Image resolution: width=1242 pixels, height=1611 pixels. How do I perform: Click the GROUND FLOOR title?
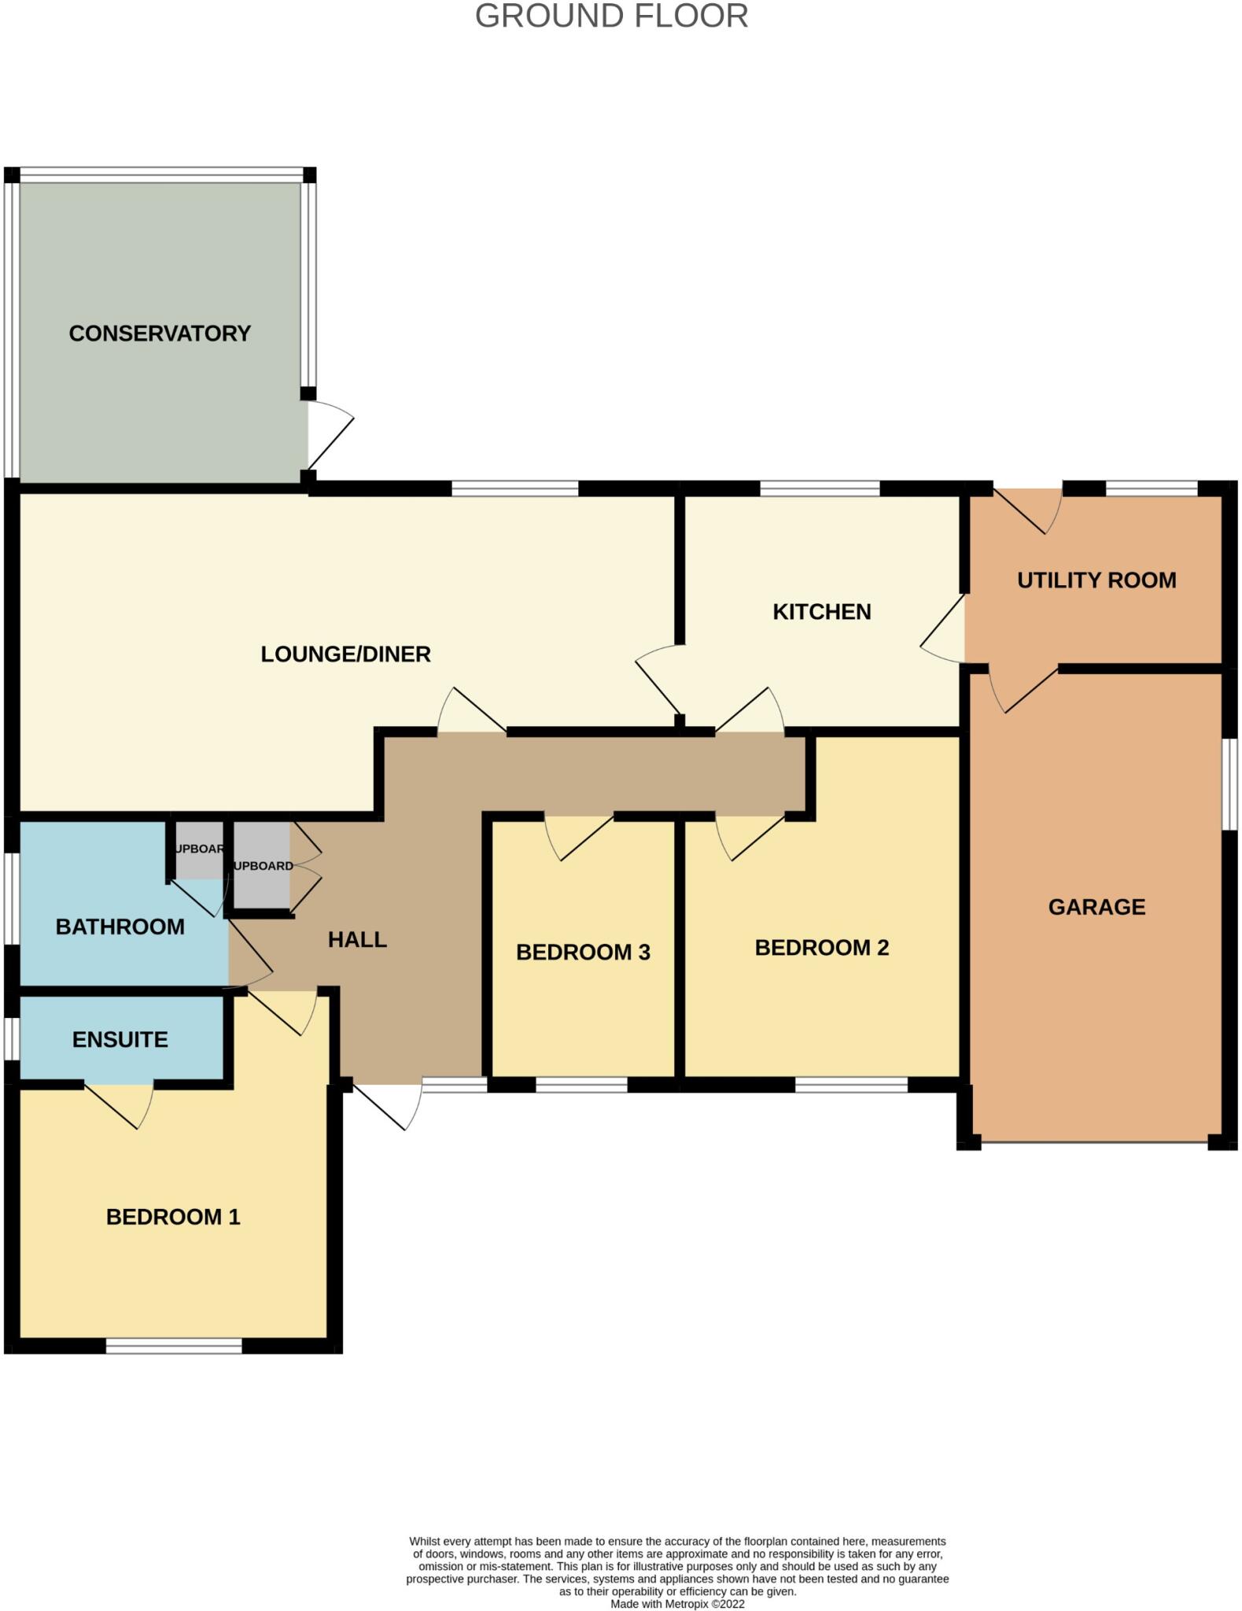(611, 17)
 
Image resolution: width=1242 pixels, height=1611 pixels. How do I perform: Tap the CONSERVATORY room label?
(160, 334)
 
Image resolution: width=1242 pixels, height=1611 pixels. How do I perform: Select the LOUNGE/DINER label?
(345, 654)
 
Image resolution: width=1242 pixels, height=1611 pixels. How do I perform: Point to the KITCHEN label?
(821, 611)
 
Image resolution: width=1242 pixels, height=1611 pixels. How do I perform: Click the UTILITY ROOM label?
(1096, 580)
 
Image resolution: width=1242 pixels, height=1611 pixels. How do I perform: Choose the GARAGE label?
(1096, 907)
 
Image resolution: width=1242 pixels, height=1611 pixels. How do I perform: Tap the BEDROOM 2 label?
(821, 947)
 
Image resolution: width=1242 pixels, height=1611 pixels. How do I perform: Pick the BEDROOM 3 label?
(583, 952)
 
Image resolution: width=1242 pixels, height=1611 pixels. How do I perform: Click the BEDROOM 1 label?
(173, 1217)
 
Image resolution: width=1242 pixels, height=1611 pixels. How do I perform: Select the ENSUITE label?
(120, 1039)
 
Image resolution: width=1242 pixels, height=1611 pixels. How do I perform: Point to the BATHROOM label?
(120, 927)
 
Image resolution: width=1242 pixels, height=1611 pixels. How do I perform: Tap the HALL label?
(357, 939)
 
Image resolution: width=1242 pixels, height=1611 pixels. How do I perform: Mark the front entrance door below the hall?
(387, 1105)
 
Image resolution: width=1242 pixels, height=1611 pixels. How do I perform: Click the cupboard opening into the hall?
(262, 866)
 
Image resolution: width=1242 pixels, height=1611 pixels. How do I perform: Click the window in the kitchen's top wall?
(819, 488)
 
